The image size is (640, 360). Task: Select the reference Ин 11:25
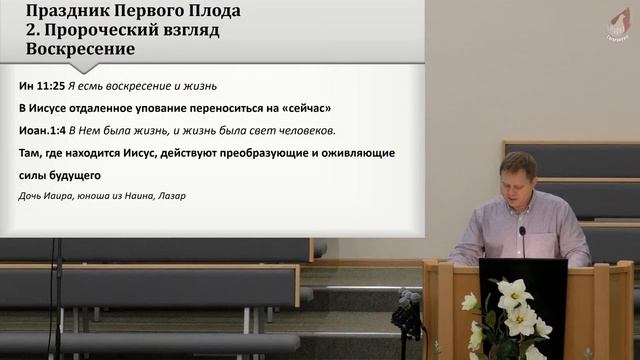pos(43,86)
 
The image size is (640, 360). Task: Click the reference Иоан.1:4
pos(49,130)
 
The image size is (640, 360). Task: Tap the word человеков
pos(301,130)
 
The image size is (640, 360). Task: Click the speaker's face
pos(518,180)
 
